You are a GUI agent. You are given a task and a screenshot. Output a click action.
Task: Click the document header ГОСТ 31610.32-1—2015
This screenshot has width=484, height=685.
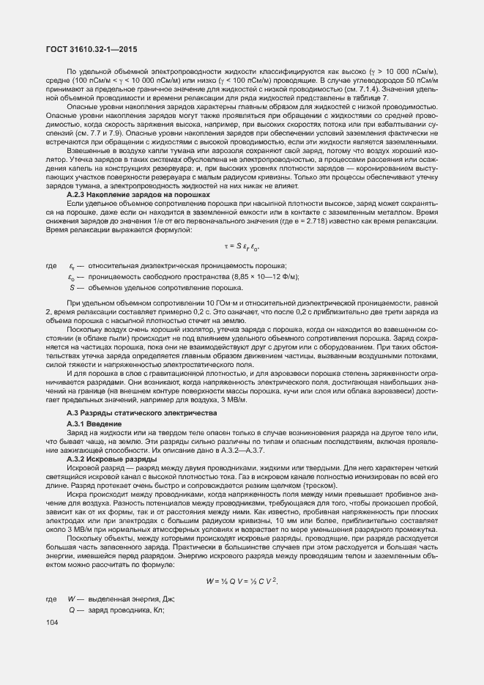[92, 49]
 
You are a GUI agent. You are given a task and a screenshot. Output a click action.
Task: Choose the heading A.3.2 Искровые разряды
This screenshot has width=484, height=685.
[105, 459]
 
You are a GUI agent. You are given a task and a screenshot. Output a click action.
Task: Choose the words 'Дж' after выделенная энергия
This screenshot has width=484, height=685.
[167, 599]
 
